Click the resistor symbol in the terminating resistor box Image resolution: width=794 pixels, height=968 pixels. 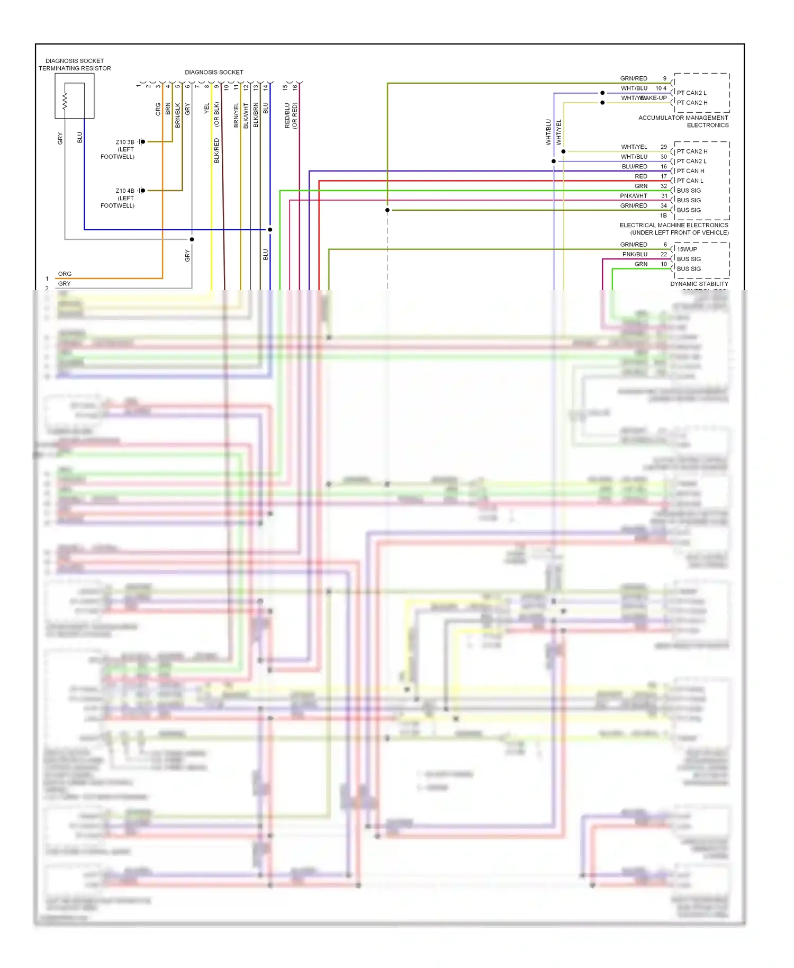point(65,101)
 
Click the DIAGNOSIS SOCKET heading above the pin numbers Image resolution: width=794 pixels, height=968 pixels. point(214,72)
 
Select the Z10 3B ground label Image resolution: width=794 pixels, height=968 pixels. point(125,142)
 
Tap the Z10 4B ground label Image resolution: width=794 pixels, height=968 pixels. point(125,191)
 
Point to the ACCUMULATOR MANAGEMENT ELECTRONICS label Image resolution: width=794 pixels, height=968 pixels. point(683,121)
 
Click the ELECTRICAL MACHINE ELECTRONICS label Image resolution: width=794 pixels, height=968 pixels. point(674,225)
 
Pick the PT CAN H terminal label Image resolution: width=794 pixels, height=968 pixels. point(690,171)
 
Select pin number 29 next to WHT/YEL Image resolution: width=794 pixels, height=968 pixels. point(663,147)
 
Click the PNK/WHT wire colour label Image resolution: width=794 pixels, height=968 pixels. point(633,196)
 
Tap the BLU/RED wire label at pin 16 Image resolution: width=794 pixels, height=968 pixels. point(634,166)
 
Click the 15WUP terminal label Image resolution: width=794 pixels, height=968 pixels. point(687,249)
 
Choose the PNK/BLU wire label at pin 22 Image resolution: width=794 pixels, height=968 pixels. point(635,254)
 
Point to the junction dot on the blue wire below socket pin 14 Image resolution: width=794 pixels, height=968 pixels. point(270,229)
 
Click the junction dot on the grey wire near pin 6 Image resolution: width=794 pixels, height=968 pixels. point(192,239)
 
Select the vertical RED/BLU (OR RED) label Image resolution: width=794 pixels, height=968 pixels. point(291,115)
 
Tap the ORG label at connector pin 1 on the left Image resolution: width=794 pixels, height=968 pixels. point(65,274)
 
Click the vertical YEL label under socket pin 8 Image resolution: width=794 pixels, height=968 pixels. point(206,108)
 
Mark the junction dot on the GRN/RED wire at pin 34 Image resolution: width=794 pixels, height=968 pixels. point(387,210)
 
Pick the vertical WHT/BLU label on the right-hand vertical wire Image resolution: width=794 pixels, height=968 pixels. point(548,132)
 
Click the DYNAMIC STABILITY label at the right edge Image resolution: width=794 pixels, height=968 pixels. point(699,284)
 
